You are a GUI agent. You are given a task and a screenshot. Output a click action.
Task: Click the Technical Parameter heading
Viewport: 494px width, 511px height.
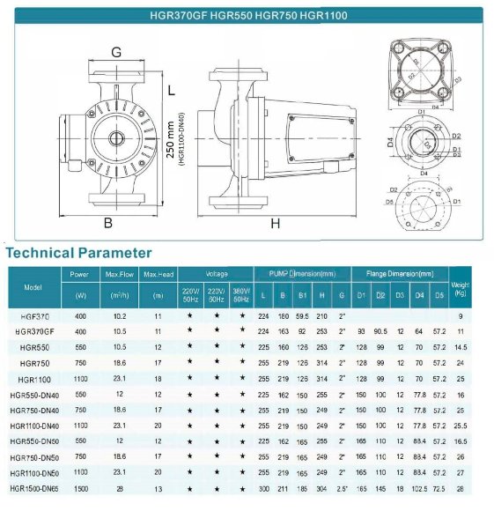79,253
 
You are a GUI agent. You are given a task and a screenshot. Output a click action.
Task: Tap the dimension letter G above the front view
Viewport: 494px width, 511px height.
116,52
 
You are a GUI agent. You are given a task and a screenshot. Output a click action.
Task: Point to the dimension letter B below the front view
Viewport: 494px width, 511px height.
108,222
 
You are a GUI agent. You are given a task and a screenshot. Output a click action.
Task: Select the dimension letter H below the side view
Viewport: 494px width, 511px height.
275,223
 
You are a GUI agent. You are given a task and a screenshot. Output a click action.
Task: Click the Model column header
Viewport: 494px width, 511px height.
33,286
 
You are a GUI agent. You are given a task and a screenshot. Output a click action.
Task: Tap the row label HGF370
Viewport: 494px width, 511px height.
34,315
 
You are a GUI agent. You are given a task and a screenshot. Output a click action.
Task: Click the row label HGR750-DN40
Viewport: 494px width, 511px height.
36,410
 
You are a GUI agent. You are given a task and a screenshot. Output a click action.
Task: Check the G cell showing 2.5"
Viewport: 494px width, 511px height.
341,488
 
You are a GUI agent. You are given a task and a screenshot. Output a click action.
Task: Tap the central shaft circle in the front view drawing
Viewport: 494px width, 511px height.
115,138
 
